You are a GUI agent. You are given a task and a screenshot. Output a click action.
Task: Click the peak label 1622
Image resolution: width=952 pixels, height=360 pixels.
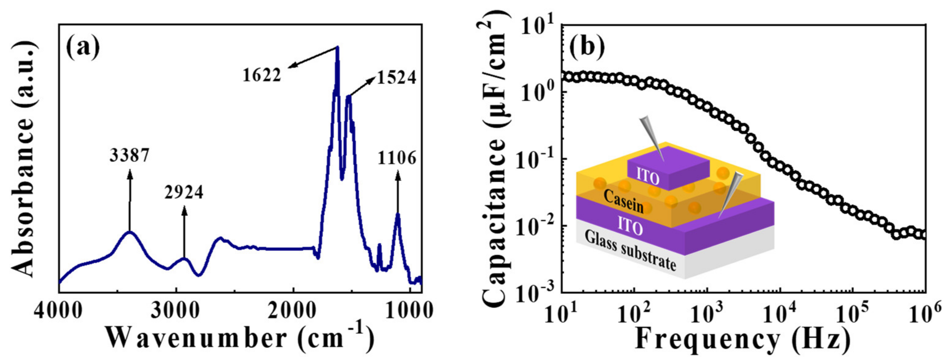coord(262,75)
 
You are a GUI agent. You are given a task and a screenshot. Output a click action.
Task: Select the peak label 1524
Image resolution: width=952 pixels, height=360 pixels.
coord(396,78)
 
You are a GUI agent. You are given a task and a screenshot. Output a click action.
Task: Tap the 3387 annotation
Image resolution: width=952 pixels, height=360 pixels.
coord(129,156)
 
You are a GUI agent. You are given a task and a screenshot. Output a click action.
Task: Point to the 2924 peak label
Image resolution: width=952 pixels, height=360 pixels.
coord(184,192)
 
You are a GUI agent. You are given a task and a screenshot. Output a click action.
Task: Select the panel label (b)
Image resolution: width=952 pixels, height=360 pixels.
coord(587,49)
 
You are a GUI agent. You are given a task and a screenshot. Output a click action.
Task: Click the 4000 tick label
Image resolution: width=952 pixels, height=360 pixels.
coord(58,312)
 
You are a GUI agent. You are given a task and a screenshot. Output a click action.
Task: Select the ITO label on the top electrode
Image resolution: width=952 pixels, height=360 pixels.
coord(648,177)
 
